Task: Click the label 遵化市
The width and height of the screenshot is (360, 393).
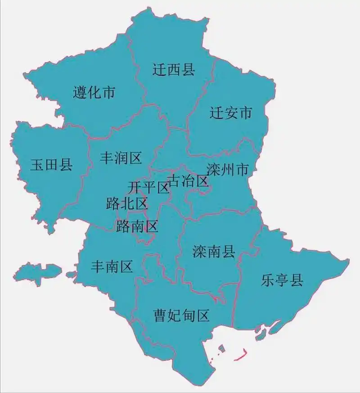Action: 94,93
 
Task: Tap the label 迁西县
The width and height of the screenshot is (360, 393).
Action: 173,70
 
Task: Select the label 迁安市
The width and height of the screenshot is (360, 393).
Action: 231,113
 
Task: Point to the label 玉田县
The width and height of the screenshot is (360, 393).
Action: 51,165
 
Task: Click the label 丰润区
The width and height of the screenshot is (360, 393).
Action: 121,158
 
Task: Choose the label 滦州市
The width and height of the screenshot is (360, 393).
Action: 228,170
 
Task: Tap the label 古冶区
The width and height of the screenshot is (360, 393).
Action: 188,181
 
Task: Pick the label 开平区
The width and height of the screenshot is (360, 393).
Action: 148,187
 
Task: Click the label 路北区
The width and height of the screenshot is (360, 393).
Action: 127,203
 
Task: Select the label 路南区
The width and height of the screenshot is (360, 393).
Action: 137,226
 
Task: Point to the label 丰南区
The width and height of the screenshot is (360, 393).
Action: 112,267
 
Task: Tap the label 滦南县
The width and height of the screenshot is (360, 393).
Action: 214,252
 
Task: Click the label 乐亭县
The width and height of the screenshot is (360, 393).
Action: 282,281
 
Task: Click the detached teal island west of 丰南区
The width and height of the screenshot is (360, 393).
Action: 38,272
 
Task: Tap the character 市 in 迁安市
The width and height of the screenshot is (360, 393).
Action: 245,113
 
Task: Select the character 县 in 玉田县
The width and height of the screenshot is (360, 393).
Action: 66,165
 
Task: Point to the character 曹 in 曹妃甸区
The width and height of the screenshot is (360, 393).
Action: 161,315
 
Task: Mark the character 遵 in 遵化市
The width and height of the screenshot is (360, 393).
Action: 80,93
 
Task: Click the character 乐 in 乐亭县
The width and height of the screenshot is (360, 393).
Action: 268,281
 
